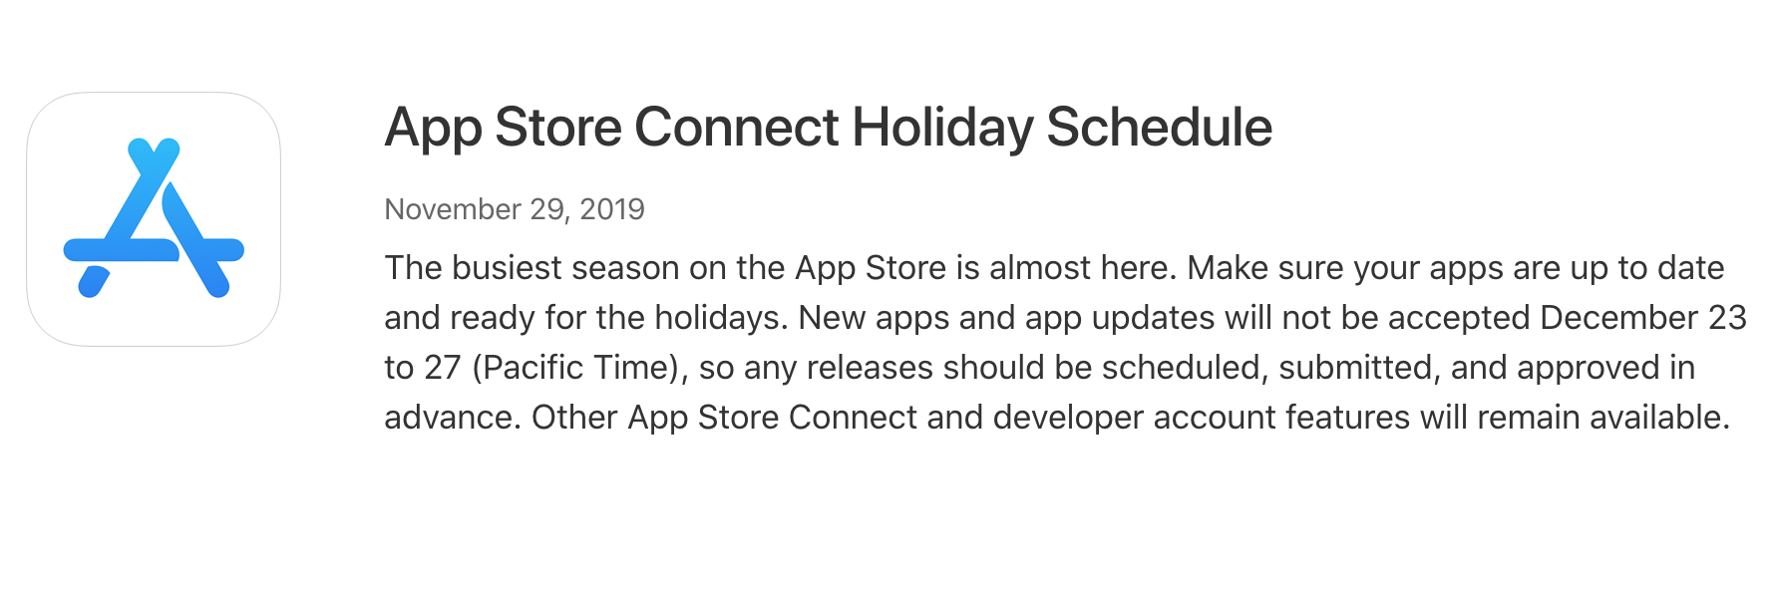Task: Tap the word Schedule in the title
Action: [1159, 128]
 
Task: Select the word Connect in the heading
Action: [737, 128]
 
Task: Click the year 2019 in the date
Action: [612, 209]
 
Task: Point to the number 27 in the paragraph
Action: [442, 368]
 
